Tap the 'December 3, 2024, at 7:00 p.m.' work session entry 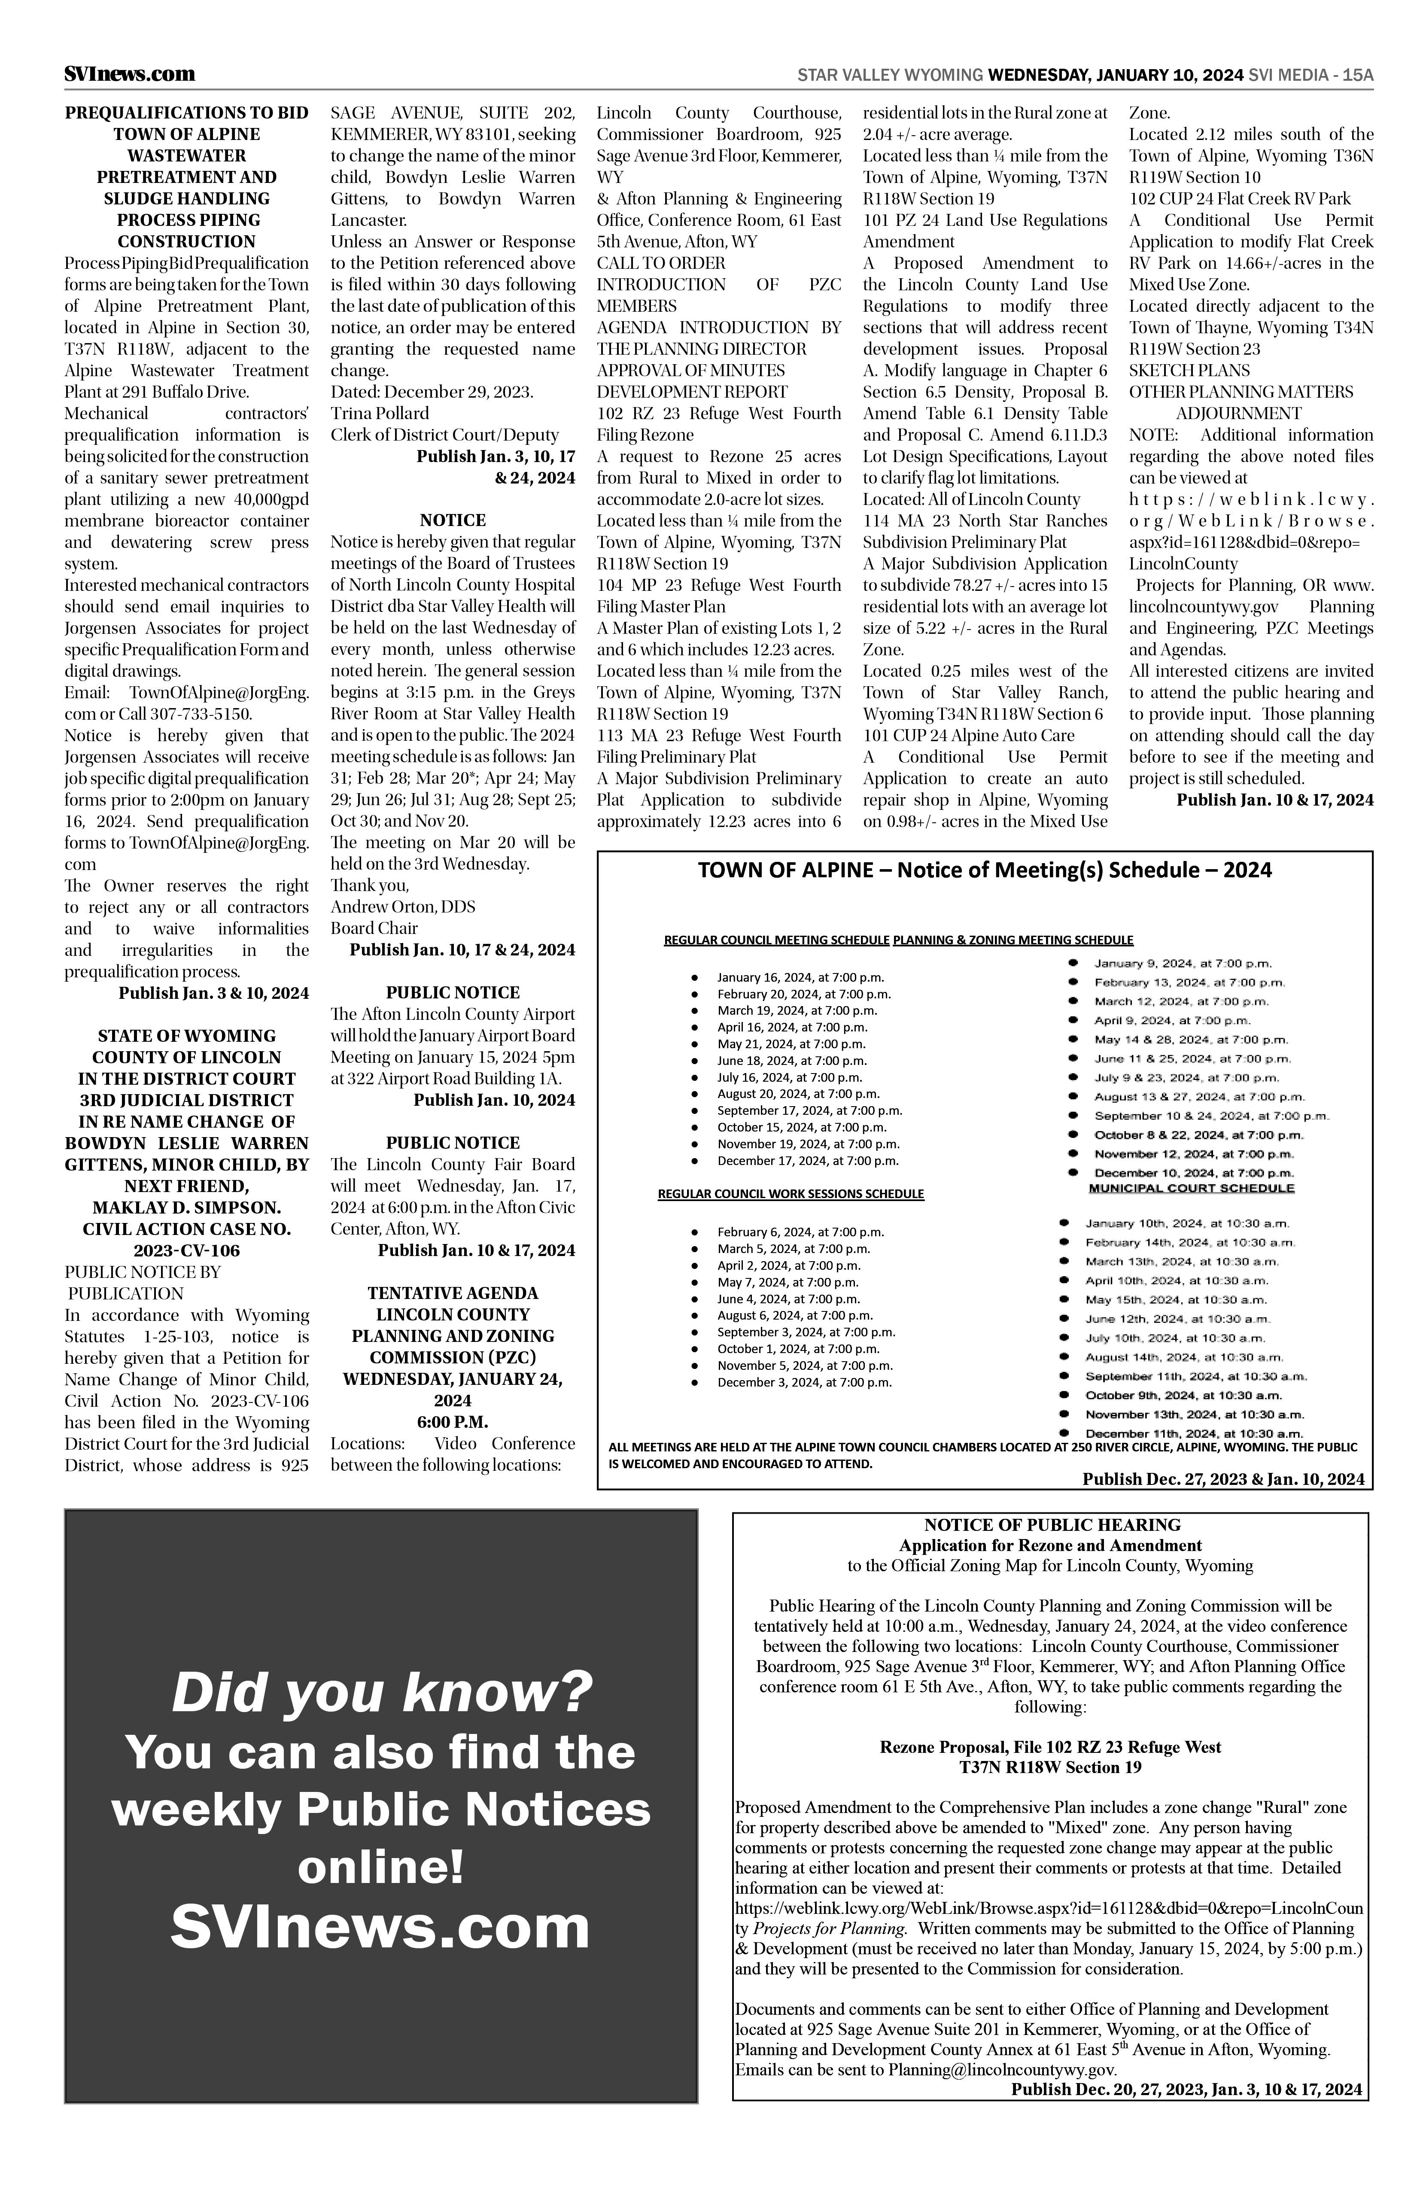coord(804,1382)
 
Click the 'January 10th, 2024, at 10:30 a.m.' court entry coord(1187,1223)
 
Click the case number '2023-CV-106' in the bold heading coord(187,1250)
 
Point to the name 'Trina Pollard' coord(380,413)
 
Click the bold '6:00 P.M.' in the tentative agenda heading coord(453,1422)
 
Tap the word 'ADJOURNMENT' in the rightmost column coord(1238,413)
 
